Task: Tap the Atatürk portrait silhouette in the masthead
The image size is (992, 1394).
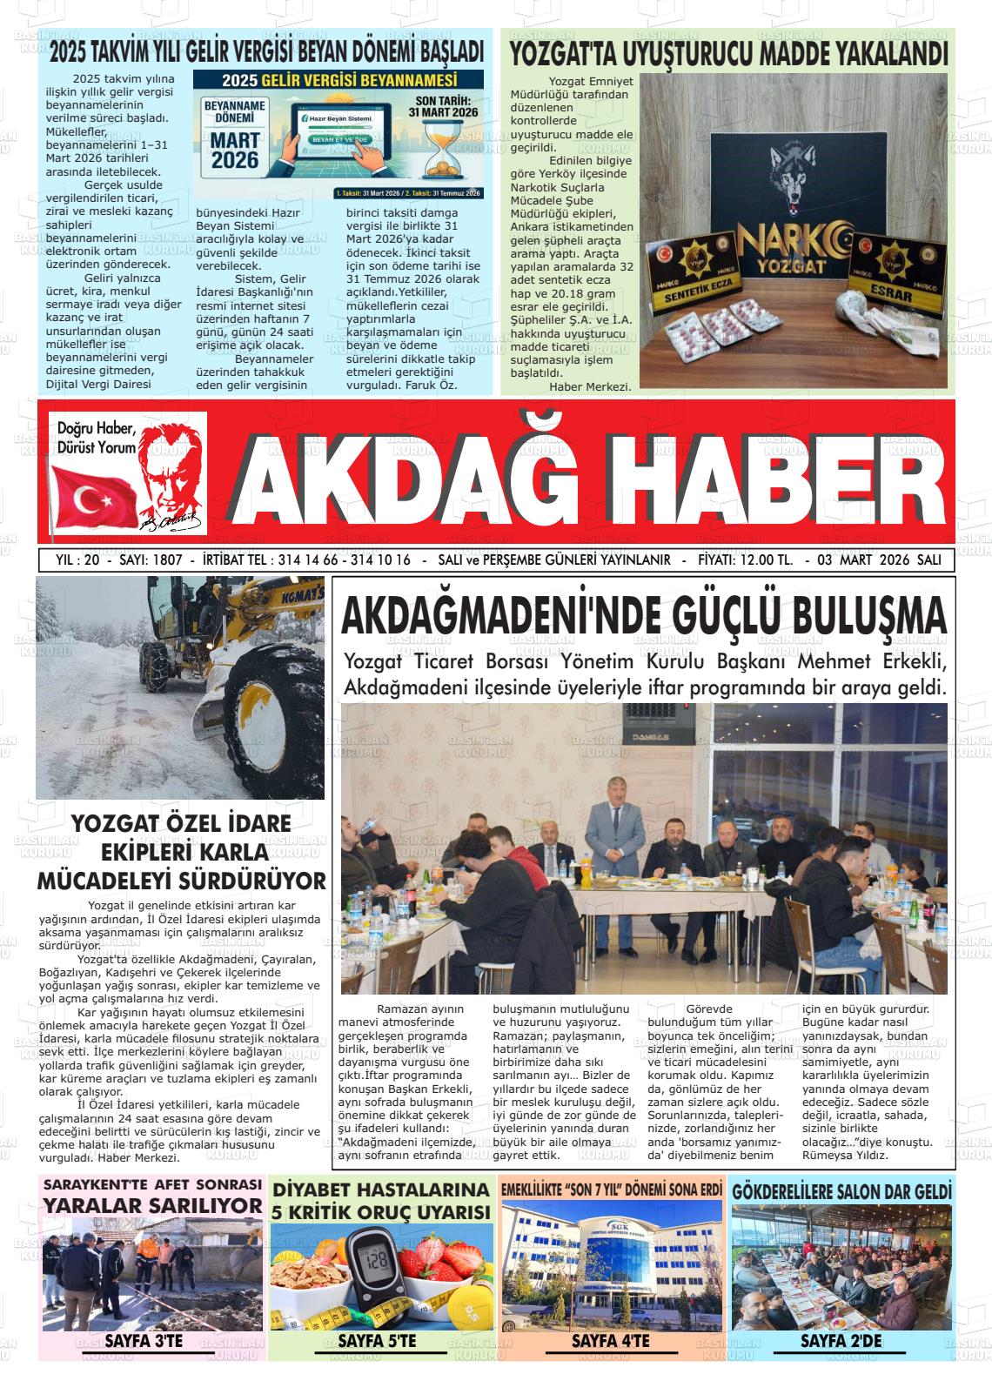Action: [x=174, y=474]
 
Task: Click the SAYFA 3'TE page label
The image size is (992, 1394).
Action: [x=144, y=1341]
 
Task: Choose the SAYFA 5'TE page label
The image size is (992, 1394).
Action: [x=377, y=1341]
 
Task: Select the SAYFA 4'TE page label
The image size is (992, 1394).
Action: [x=610, y=1341]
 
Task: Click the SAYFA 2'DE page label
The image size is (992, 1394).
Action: [x=841, y=1341]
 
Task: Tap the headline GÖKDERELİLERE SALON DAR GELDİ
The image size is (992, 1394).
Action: [x=841, y=1190]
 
